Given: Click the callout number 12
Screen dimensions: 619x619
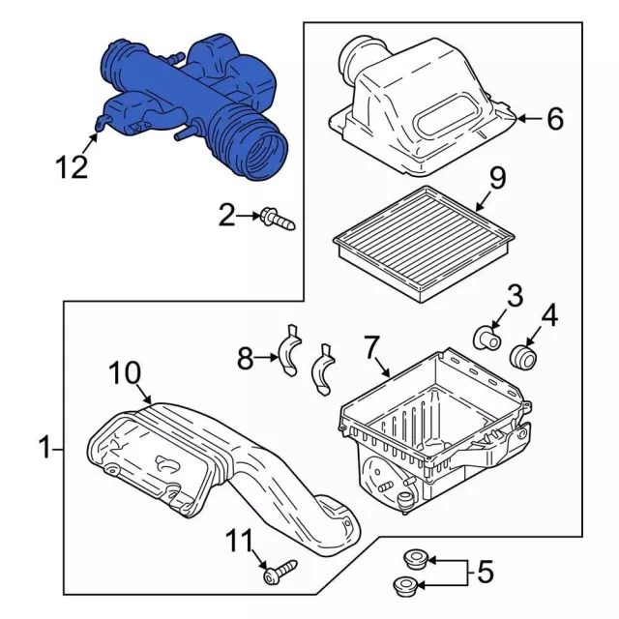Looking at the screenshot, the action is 72,166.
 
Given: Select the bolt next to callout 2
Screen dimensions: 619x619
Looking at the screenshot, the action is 278,221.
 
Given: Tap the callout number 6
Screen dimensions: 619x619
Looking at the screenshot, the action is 555,118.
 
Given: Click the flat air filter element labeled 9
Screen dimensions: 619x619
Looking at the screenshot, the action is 424,244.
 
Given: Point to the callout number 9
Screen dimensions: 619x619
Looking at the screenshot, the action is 497,178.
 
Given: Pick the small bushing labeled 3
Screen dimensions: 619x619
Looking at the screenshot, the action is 487,339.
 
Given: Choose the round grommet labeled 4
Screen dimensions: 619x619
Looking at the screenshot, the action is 524,357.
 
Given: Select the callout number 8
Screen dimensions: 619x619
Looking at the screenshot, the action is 245,359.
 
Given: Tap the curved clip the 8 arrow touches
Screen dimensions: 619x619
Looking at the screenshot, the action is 290,350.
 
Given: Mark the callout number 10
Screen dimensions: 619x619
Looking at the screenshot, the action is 125,373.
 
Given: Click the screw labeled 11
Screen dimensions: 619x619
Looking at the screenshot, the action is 280,572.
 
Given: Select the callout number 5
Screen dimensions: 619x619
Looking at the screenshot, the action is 486,572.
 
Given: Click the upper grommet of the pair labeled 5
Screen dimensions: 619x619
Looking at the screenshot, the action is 415,559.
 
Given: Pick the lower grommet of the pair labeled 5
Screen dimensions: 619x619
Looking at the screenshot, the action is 405,585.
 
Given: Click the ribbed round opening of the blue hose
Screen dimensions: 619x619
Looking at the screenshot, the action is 265,156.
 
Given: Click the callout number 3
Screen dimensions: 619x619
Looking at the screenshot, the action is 515,296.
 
